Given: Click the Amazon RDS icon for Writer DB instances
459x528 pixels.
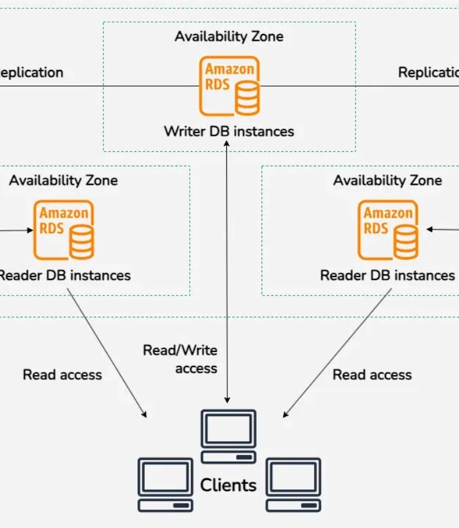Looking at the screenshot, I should point(230,86).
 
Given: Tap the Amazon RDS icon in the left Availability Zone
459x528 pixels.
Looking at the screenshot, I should point(64,230).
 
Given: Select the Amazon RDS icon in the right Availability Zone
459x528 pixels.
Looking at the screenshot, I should point(388,230).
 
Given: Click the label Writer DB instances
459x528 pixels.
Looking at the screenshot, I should point(229,131).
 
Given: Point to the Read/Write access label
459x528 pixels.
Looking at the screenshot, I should point(180,359).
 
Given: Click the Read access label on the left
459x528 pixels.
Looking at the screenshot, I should point(62,375).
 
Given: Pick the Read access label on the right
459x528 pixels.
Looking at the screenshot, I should point(372,375).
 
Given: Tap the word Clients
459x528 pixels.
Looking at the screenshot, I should point(228,485).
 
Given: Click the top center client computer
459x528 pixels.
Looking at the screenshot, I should point(229,436).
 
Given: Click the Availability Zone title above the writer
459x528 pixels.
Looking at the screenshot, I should point(229,36).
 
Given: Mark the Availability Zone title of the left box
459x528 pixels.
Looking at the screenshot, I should point(63,180).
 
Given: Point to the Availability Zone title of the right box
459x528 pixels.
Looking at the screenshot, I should point(388,180).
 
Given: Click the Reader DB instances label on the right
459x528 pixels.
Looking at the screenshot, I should point(388,276).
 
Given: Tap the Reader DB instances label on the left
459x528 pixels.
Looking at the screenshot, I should point(64,276).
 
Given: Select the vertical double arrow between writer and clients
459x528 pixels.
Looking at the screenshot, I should point(227,269).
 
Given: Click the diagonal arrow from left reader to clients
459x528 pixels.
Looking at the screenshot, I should point(107,353).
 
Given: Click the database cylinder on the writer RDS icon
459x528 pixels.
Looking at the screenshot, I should point(247,97).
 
